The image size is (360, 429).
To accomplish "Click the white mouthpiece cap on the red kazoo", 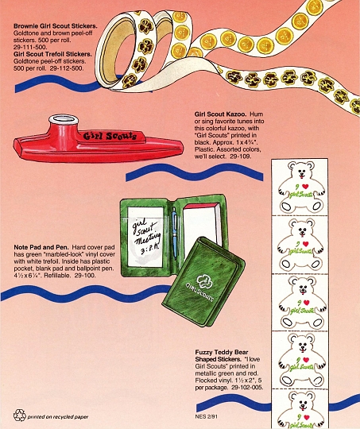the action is (64, 119).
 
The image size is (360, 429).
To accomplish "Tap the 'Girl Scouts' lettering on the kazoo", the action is (110, 136).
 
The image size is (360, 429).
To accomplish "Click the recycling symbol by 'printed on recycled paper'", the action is (19, 415).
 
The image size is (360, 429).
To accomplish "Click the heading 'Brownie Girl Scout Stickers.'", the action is (56, 26).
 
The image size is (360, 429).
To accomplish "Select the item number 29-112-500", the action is (67, 68).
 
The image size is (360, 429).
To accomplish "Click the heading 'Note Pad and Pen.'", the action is (41, 247).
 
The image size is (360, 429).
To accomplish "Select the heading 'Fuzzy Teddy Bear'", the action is (222, 352).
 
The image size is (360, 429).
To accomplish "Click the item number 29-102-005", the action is (247, 388).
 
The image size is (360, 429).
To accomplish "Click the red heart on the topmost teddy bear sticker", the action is (305, 187).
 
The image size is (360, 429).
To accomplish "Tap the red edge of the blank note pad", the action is (202, 207).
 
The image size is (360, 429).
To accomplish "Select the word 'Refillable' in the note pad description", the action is (57, 276).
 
